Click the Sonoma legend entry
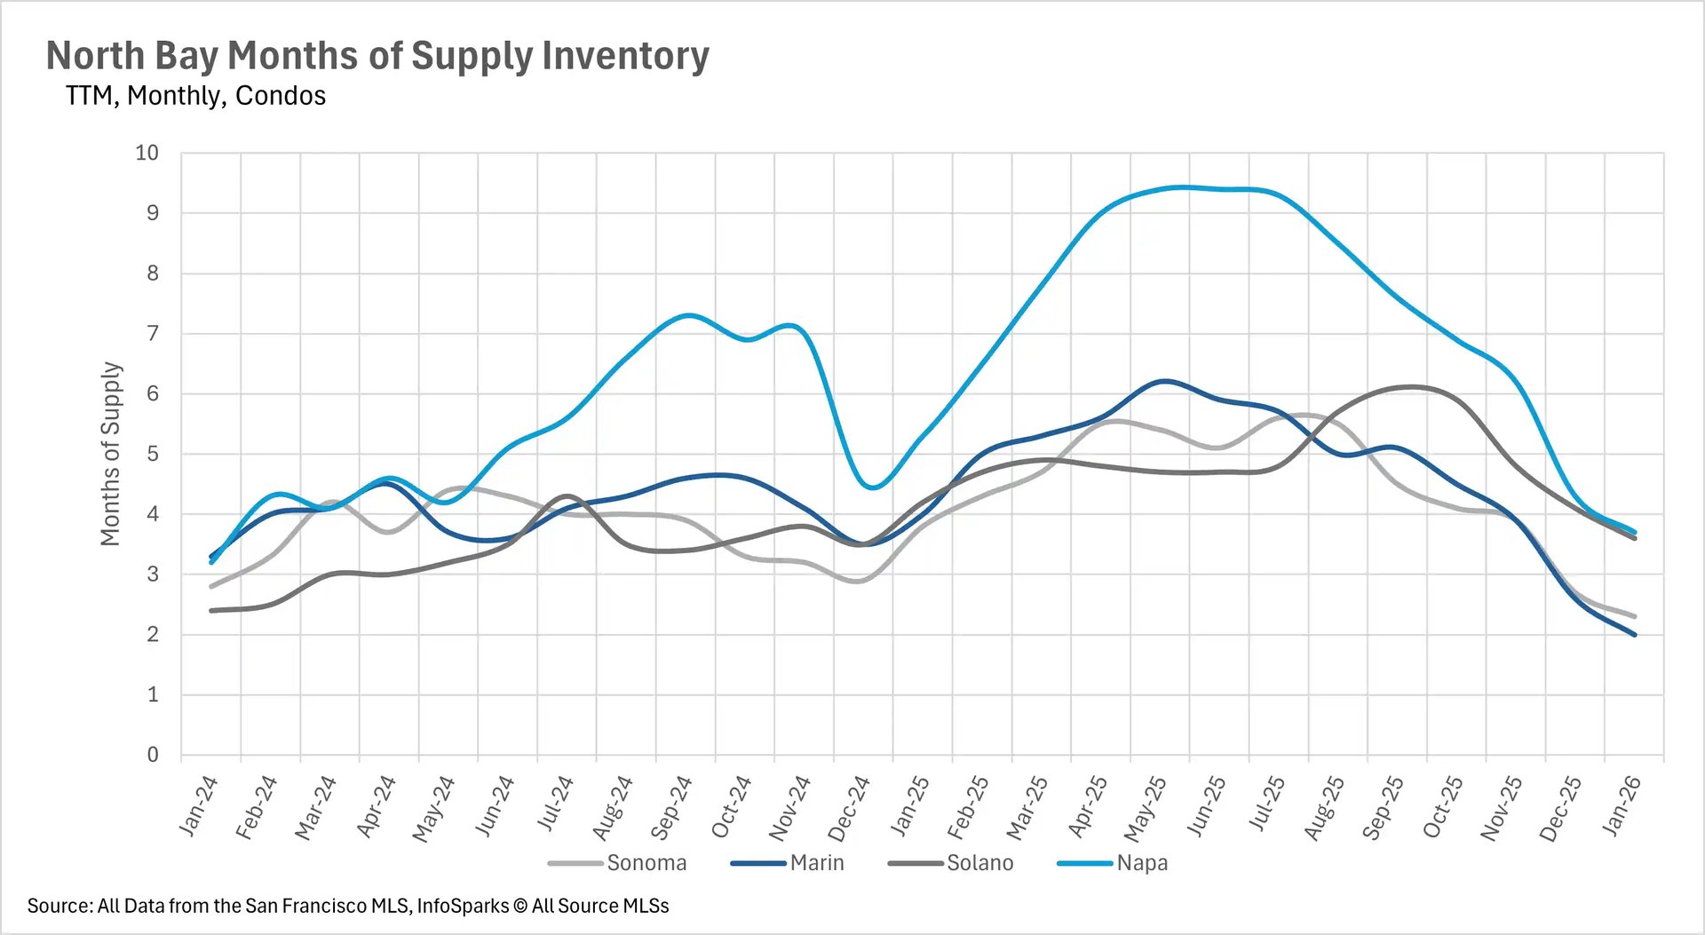coord(646,863)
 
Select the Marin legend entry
coord(816,863)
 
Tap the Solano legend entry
coord(979,863)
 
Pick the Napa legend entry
coord(1142,863)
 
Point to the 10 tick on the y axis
coord(147,153)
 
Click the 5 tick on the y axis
coord(153,454)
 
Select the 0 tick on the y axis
coord(153,755)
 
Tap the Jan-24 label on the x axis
coord(199,806)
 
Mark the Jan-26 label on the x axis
coord(1622,806)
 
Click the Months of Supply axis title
coord(110,454)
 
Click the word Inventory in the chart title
coord(625,55)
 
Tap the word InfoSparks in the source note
coord(463,907)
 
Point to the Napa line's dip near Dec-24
coord(872,487)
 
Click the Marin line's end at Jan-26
coord(1634,634)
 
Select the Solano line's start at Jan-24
coord(211,610)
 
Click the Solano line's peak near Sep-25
coord(1412,386)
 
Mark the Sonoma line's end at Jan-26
coord(1634,616)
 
